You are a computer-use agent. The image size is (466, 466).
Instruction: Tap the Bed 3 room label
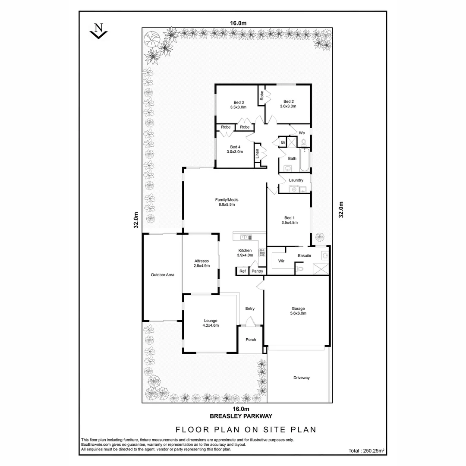[236, 102]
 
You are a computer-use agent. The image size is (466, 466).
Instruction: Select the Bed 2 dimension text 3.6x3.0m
[288, 106]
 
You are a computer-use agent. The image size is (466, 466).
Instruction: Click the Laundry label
[296, 180]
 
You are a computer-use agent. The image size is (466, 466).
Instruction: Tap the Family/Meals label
[227, 200]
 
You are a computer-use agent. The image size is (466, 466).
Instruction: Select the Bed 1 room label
[289, 217]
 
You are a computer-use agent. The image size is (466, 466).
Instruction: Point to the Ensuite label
[304, 256]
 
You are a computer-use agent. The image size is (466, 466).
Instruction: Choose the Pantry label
[258, 271]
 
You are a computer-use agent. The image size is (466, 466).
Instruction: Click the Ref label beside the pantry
[242, 271]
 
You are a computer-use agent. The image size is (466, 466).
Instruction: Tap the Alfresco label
[202, 261]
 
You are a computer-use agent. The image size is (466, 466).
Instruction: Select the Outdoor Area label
[162, 274]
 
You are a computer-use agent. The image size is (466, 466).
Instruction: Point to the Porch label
[251, 340]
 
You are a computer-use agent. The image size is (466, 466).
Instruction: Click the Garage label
[298, 309]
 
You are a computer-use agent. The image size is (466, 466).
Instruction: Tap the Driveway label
[301, 378]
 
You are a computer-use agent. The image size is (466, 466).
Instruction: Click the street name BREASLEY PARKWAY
[241, 416]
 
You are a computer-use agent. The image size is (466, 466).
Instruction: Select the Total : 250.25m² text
[366, 451]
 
